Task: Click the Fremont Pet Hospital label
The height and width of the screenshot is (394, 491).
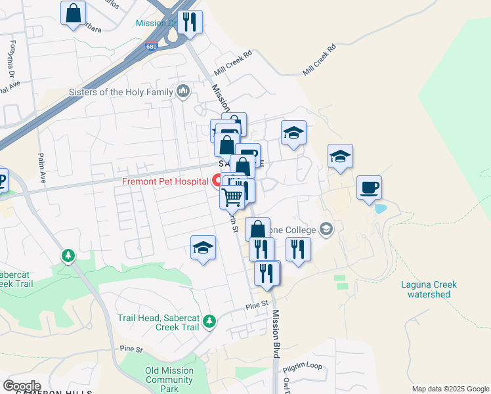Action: (x=165, y=181)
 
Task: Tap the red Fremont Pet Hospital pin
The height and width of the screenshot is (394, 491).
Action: (x=217, y=180)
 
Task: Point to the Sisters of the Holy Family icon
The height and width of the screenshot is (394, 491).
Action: (x=183, y=91)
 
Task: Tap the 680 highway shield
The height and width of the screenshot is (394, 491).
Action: (x=150, y=47)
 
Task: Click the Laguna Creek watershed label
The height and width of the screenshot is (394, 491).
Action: (x=429, y=290)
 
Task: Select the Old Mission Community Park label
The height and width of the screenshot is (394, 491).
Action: (x=169, y=380)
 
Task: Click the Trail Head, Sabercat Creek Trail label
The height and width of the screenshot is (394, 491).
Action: (x=158, y=322)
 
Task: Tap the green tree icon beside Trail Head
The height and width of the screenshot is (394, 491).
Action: (x=209, y=321)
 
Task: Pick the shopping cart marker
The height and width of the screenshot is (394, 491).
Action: (x=232, y=196)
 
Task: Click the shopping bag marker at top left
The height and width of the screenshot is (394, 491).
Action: (x=73, y=12)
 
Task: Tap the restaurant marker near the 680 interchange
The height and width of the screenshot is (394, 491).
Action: (x=190, y=22)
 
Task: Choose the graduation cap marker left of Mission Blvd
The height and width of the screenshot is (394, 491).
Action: (x=203, y=248)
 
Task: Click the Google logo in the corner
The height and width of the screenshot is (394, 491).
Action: (x=22, y=386)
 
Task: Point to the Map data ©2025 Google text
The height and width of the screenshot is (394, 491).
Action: (x=450, y=389)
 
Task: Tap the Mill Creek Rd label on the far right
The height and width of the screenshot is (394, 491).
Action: (x=319, y=60)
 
